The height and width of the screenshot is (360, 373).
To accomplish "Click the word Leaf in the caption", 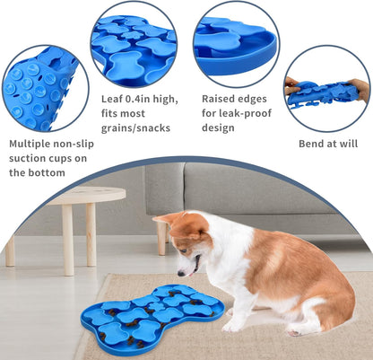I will coord(111,98).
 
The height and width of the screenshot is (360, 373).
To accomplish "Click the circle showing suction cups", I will coord(39,88).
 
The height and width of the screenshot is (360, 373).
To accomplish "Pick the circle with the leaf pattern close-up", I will coord(134,43).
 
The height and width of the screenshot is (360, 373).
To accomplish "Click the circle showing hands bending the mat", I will coord(327,88).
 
